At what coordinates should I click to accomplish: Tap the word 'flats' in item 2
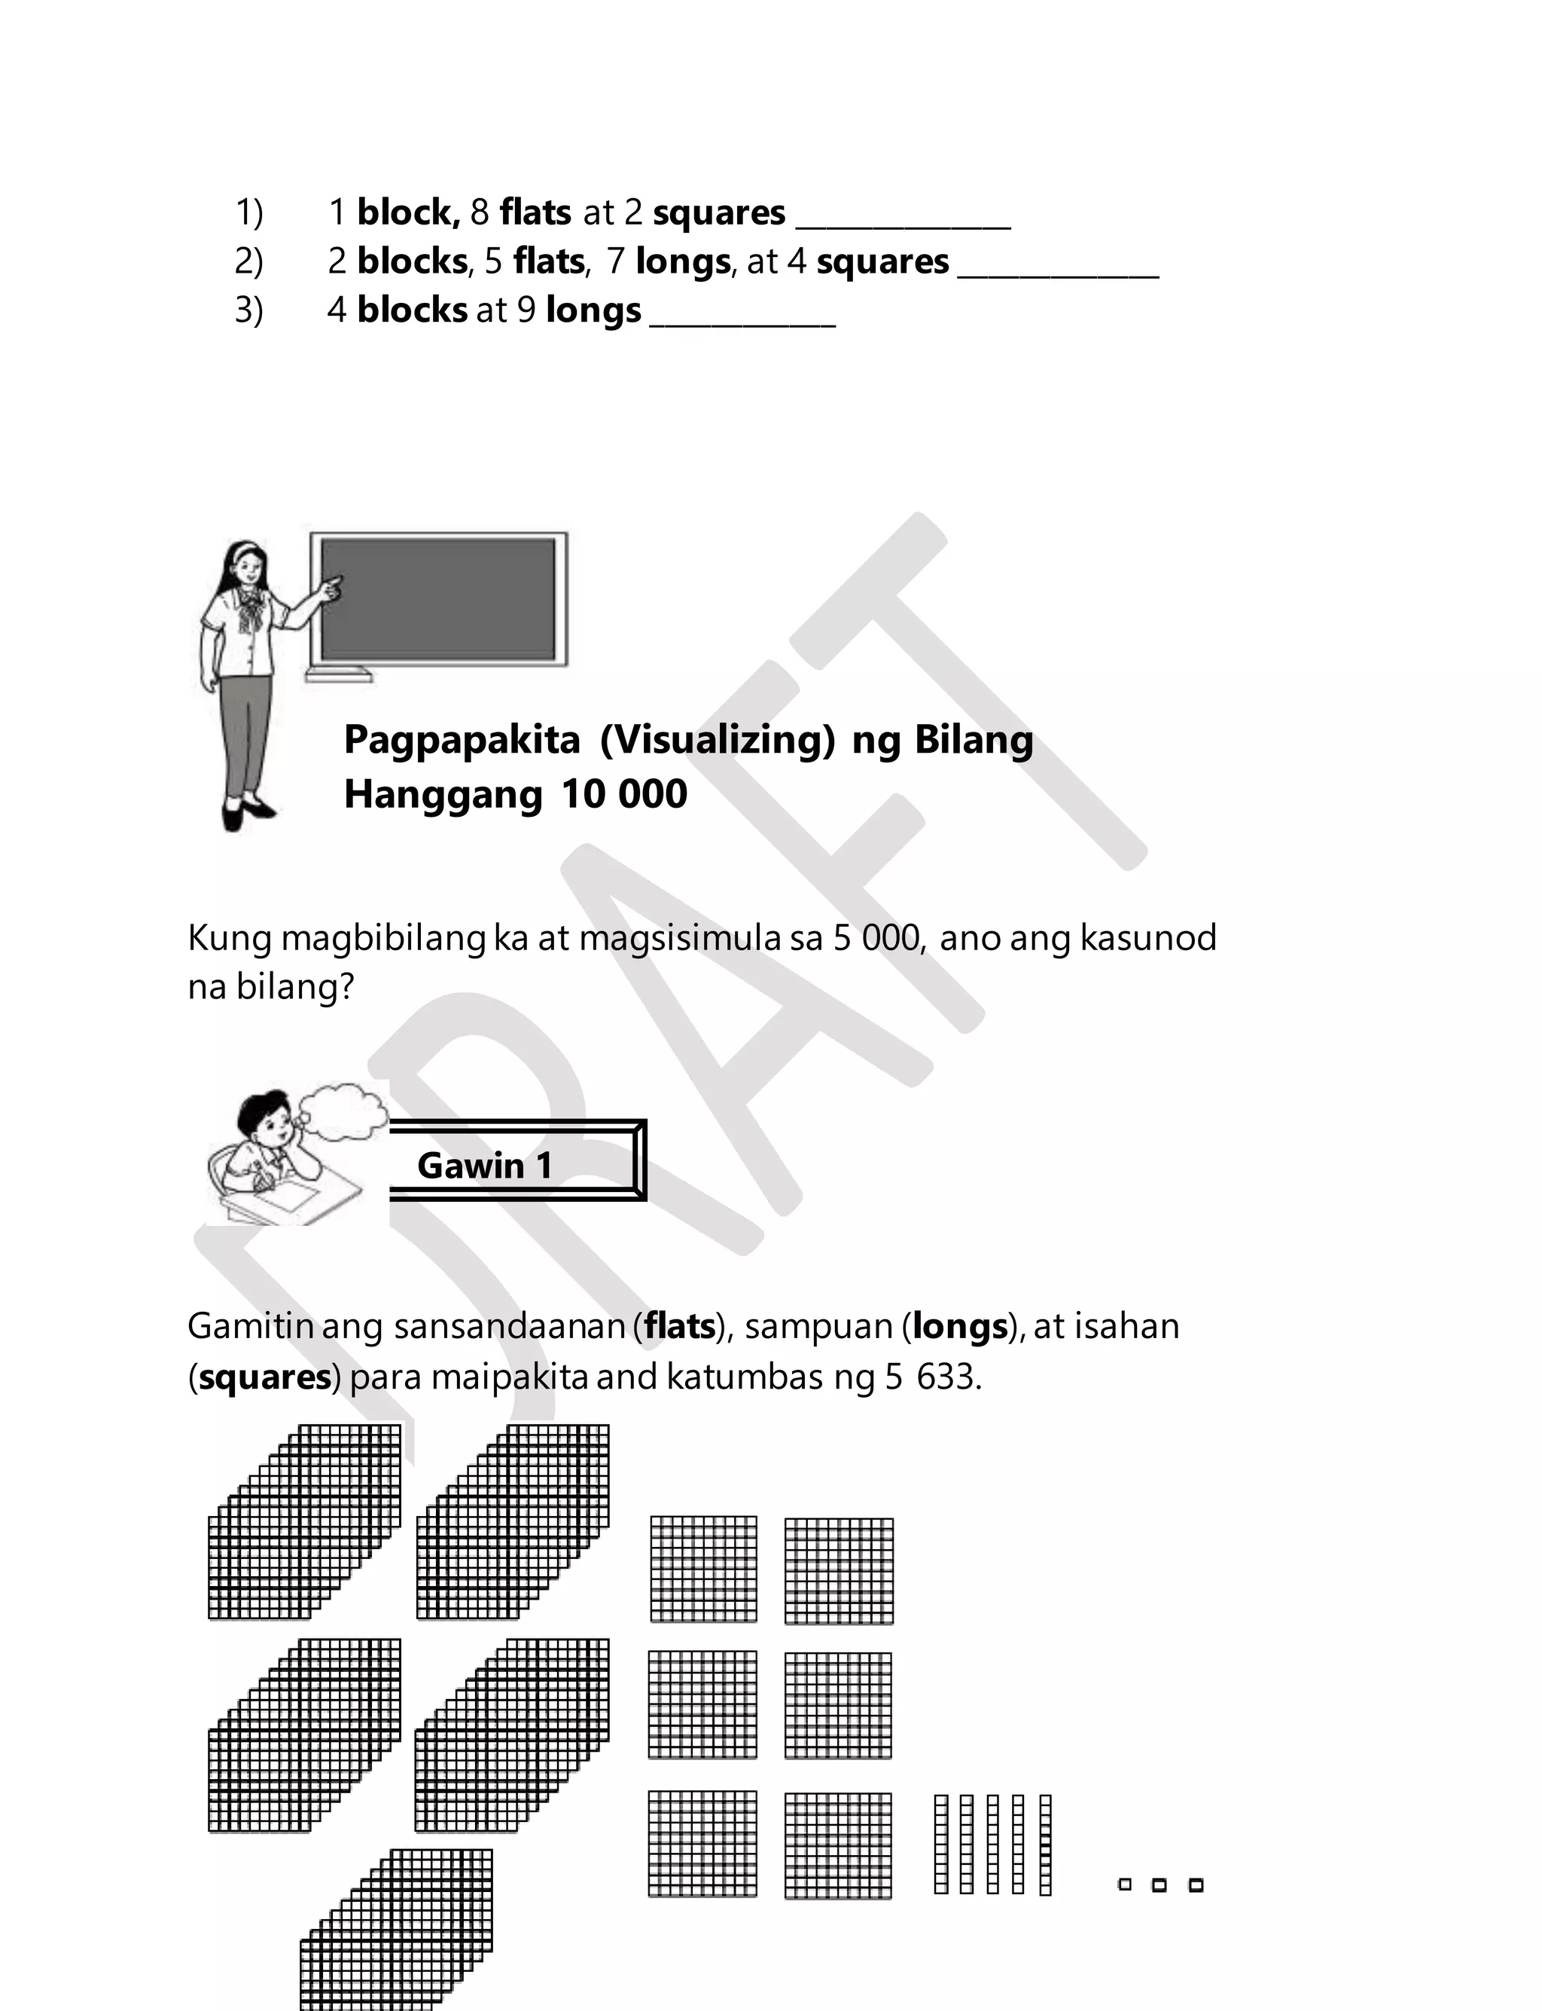549,261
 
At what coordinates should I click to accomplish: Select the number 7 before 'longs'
616,261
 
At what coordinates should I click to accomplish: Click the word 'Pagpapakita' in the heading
462,739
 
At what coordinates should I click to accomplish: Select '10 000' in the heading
624,794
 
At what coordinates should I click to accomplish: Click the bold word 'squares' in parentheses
264,1377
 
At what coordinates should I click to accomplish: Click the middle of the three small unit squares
1160,1885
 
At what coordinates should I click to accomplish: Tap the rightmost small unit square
1196,1885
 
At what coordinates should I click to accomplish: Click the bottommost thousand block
397,1928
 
